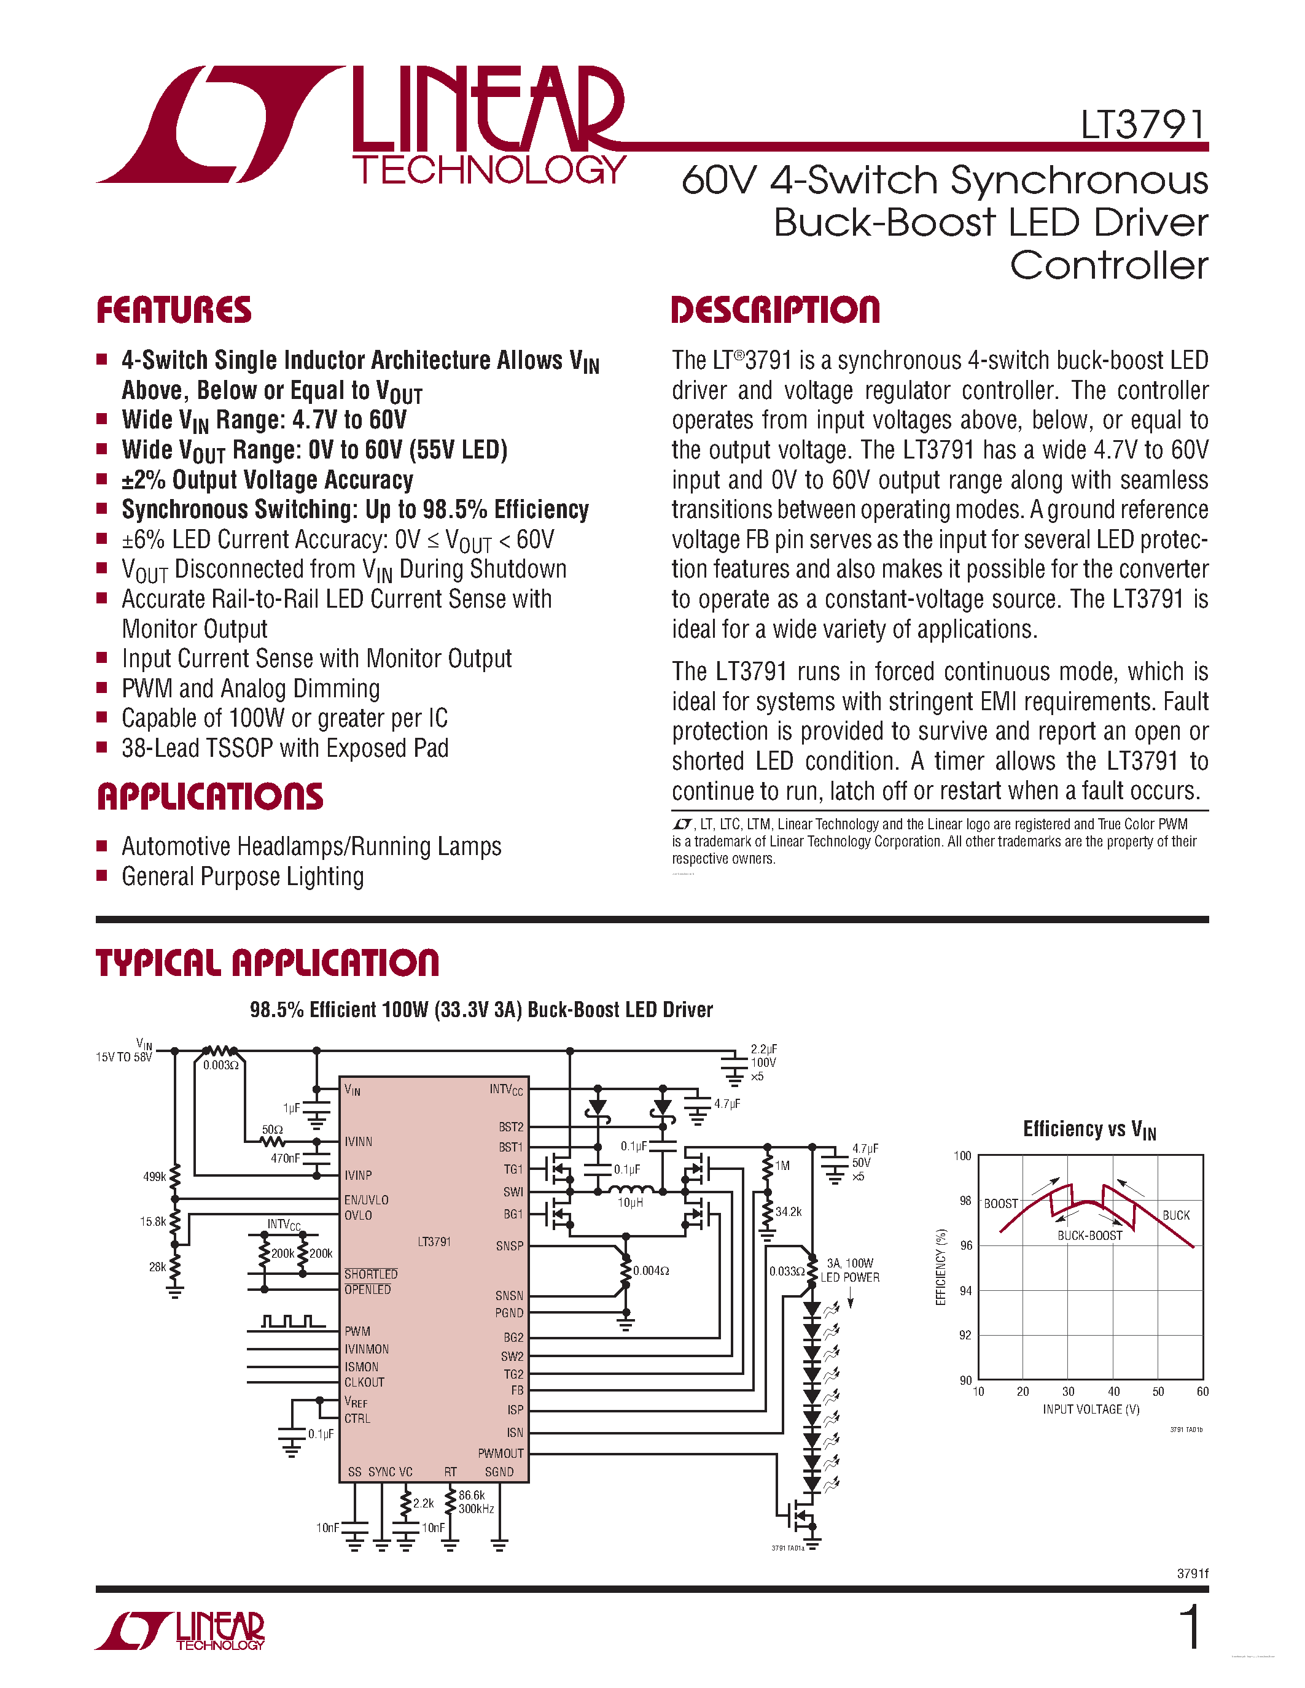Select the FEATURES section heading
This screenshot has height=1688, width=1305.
click(174, 310)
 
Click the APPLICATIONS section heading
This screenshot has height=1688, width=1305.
click(210, 797)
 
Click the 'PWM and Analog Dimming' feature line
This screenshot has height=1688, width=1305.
click(251, 688)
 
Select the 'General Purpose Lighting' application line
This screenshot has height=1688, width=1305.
click(242, 877)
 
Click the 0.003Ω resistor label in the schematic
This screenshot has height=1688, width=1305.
click(221, 1065)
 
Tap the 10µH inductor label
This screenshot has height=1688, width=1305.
click(630, 1202)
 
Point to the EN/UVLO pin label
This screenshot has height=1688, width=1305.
click(367, 1199)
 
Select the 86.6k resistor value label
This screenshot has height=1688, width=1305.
click(472, 1495)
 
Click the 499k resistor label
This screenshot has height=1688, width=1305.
click(155, 1176)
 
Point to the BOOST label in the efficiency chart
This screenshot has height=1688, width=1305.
click(1000, 1204)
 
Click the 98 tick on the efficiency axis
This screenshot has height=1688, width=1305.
click(965, 1200)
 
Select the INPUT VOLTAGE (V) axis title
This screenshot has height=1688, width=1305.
click(1091, 1409)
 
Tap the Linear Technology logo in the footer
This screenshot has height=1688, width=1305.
click(180, 1631)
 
